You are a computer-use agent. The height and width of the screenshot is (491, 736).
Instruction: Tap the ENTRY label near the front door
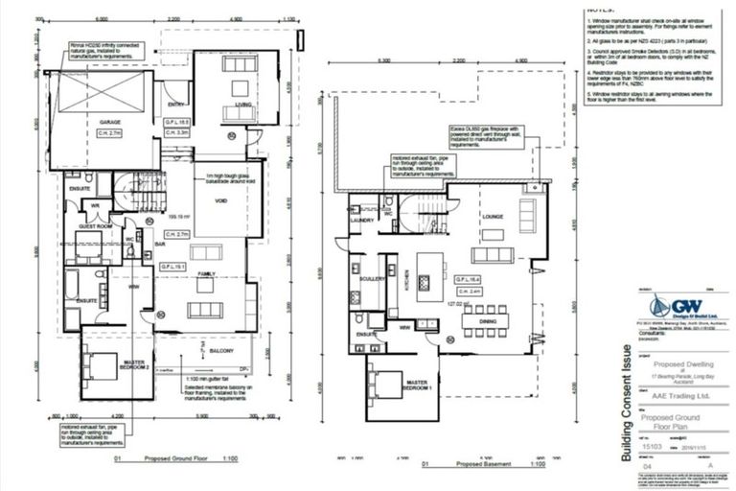click(x=176, y=105)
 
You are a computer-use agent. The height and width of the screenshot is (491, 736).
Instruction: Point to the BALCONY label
click(x=222, y=352)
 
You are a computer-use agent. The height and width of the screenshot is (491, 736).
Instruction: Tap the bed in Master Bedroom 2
click(x=98, y=363)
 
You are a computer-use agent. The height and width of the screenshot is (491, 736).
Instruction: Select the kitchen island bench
click(x=428, y=272)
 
